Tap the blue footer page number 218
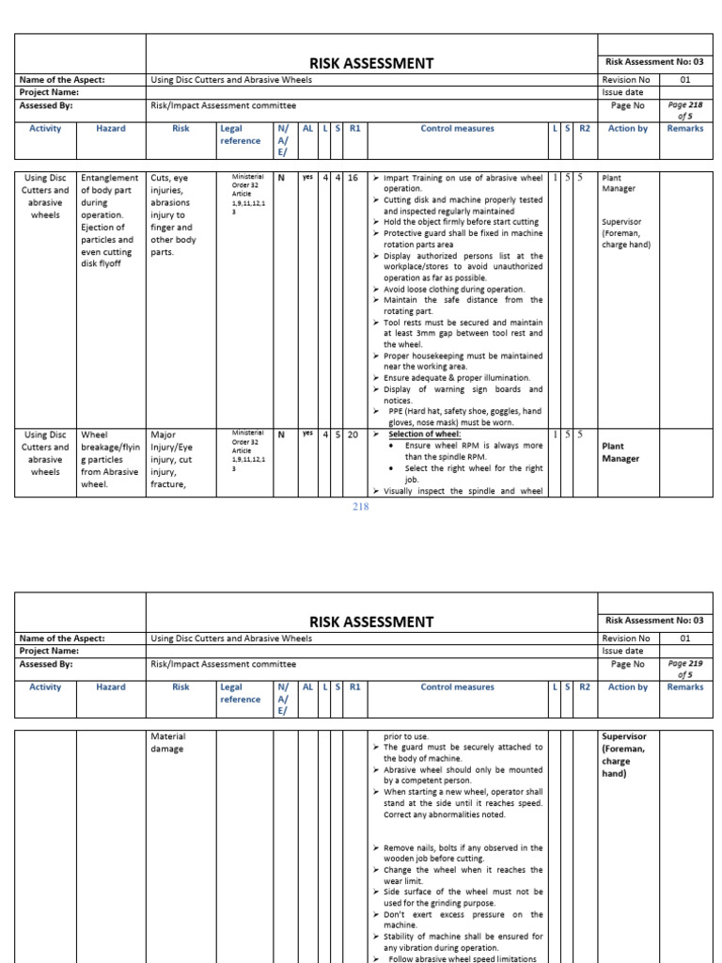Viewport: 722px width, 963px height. [x=360, y=507]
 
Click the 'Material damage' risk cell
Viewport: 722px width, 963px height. [x=168, y=742]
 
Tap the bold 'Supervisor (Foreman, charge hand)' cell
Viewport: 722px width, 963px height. [x=624, y=754]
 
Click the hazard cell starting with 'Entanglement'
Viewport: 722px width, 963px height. [x=109, y=220]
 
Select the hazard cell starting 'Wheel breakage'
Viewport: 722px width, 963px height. [x=109, y=459]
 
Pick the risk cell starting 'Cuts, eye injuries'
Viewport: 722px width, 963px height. [x=171, y=214]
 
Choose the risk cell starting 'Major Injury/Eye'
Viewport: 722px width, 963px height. [x=171, y=459]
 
